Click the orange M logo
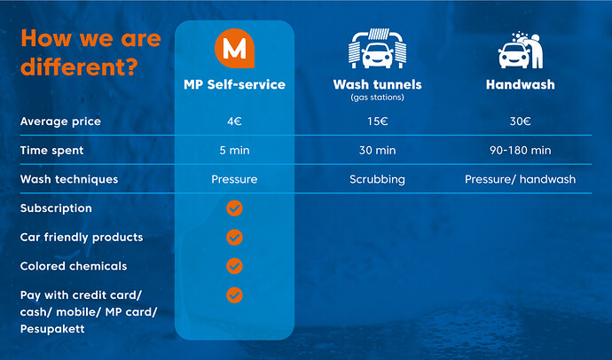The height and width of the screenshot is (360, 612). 234,49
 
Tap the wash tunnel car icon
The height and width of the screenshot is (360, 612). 377,49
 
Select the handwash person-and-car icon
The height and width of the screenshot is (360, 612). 521,50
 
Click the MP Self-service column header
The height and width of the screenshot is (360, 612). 234,84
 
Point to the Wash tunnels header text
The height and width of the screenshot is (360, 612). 378,84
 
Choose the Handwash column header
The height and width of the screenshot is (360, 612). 521,84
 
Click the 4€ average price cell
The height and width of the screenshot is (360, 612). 234,121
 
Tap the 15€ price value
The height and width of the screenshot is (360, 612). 378,121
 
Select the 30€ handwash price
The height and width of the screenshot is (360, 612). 521,121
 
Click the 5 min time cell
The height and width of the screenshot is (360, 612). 234,150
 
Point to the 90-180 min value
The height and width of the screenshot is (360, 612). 521,150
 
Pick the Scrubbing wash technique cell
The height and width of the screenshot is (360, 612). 378,179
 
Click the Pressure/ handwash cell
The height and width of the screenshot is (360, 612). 521,179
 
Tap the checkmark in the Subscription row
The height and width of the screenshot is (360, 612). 234,208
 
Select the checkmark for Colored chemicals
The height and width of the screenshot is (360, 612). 234,266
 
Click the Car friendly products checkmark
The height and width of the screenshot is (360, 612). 234,237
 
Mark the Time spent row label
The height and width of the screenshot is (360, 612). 52,151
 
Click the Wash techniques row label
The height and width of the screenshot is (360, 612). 69,179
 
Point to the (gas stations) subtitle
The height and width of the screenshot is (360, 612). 378,98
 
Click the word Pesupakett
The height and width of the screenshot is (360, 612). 52,329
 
